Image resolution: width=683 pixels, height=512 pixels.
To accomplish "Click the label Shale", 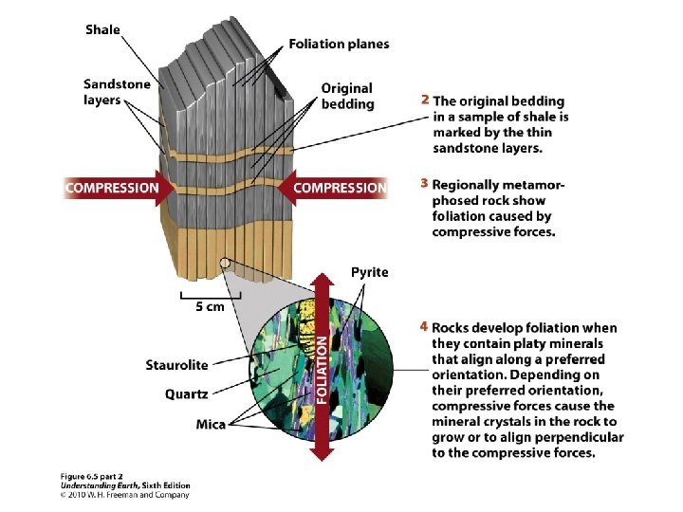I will pyautogui.click(x=102, y=29).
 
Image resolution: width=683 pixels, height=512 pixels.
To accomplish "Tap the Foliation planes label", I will pyautogui.click(x=339, y=44).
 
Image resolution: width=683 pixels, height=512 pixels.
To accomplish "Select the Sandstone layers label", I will pyautogui.click(x=117, y=92).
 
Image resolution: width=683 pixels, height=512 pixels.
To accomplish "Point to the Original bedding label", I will pyautogui.click(x=348, y=96).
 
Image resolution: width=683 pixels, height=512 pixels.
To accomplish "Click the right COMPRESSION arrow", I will pyautogui.click(x=335, y=188).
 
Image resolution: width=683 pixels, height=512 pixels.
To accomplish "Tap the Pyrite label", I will pyautogui.click(x=369, y=273).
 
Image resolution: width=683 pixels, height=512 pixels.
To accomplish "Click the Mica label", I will pyautogui.click(x=211, y=424).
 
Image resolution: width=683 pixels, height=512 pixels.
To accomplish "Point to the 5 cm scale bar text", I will pyautogui.click(x=211, y=306).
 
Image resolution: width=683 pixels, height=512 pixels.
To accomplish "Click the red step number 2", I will pyautogui.click(x=425, y=99).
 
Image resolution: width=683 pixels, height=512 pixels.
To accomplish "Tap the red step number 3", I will pyautogui.click(x=425, y=182).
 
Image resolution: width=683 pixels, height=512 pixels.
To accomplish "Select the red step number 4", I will pyautogui.click(x=425, y=326).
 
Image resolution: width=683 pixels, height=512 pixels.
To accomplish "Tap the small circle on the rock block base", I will pyautogui.click(x=225, y=264).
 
